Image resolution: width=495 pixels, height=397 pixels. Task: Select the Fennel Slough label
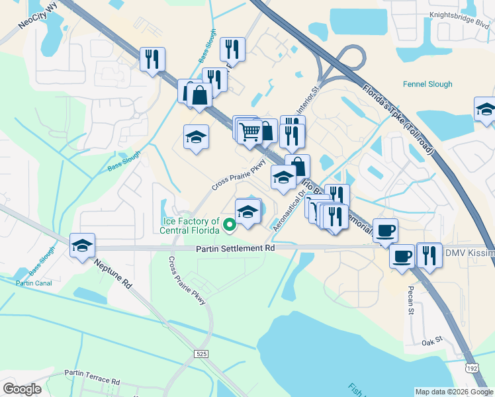tap(428, 85)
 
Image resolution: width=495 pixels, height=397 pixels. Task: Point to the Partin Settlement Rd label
tap(235, 248)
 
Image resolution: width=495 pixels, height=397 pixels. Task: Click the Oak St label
tap(431, 343)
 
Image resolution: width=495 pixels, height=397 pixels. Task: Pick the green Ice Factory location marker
tap(230, 226)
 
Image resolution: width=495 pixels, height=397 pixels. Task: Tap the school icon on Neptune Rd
tap(83, 245)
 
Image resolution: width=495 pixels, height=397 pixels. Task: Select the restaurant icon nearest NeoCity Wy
tap(152, 59)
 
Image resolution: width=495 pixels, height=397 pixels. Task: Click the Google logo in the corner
tap(22, 389)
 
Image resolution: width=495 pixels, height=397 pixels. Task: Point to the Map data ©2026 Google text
tap(453, 392)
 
